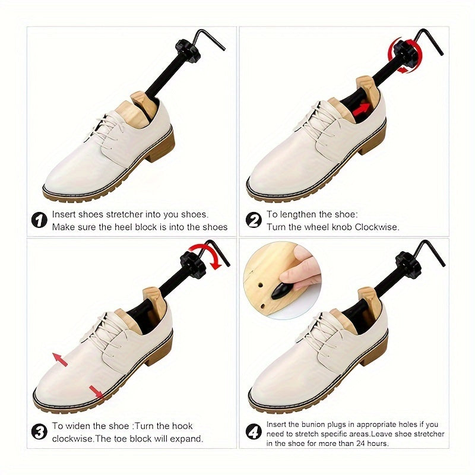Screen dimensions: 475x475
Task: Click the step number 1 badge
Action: click(x=39, y=220)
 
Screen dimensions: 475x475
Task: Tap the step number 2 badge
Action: click(x=254, y=220)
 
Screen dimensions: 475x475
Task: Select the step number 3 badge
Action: click(x=39, y=432)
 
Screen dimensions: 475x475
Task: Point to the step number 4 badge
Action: click(x=254, y=432)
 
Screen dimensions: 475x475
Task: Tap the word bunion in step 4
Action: click(x=313, y=424)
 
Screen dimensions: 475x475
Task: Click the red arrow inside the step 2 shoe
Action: click(x=362, y=109)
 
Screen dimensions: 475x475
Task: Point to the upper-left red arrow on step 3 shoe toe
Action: click(x=60, y=360)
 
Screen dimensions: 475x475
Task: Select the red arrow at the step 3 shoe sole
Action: click(x=96, y=392)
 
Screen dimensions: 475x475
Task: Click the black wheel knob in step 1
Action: click(x=188, y=50)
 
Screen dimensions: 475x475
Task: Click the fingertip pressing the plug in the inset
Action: click(x=289, y=276)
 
